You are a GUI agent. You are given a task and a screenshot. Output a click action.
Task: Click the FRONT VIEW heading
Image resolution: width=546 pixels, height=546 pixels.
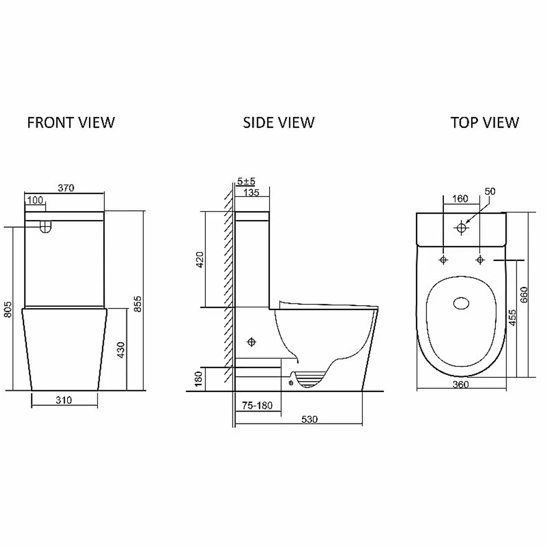pos(71,122)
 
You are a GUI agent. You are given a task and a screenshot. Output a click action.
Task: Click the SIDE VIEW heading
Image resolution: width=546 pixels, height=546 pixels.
pos(278,122)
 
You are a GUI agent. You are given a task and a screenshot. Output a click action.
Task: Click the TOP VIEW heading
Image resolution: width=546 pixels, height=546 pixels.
pos(485,122)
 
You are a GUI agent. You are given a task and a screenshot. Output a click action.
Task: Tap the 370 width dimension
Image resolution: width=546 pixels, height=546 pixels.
pos(66,188)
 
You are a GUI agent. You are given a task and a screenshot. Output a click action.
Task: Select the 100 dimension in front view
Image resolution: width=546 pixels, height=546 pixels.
pos(35,200)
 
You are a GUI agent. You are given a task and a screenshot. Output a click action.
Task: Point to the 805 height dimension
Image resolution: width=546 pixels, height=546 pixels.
pos(8,309)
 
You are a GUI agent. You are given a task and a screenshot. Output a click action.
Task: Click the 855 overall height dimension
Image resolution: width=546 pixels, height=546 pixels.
pos(138,304)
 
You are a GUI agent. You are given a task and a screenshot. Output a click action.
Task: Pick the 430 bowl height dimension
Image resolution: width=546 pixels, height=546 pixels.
pos(121,349)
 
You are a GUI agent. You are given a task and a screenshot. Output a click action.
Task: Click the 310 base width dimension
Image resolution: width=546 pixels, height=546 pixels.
pos(64,400)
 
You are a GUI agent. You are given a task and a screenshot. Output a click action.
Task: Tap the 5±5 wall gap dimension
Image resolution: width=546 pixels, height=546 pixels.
pos(246,181)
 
